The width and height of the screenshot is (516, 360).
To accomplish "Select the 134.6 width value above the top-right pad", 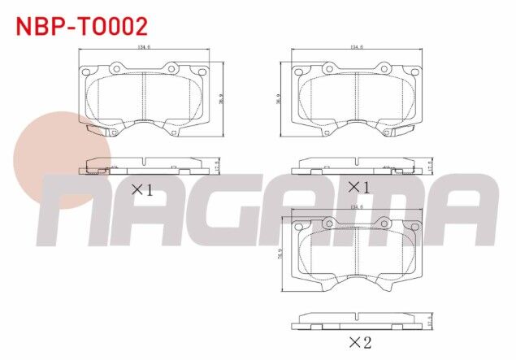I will tap(356, 47).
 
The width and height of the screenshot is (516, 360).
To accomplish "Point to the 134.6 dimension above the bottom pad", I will tap(356, 207).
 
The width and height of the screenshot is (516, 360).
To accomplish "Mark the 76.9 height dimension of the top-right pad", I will tap(278, 97).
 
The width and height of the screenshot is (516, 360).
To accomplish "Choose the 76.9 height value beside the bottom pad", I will tap(279, 255).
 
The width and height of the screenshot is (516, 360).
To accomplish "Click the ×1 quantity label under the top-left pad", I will tap(142, 190).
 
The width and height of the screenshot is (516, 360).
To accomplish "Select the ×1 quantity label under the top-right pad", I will tap(358, 188).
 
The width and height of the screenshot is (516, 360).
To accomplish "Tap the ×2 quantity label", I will tap(358, 342).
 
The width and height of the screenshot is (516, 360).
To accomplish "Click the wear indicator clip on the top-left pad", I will tap(98, 129).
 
